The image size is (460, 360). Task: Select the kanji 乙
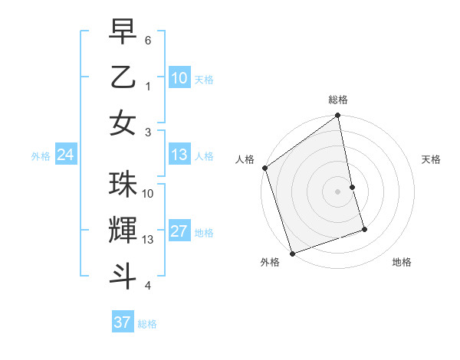123,78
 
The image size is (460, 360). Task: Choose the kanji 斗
123,275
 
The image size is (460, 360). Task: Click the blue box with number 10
179,77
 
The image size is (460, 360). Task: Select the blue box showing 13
179,155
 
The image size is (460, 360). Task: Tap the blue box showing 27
179,231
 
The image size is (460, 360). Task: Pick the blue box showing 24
65,155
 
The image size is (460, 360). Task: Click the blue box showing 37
122,322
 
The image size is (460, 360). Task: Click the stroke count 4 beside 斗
147,286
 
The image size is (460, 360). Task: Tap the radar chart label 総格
338,100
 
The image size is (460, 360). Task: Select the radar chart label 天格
432,159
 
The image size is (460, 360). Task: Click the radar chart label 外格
269,262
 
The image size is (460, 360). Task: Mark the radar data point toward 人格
264,168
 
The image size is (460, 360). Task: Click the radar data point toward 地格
364,229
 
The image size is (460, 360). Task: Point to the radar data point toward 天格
352,187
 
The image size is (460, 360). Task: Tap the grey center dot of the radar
337,191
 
